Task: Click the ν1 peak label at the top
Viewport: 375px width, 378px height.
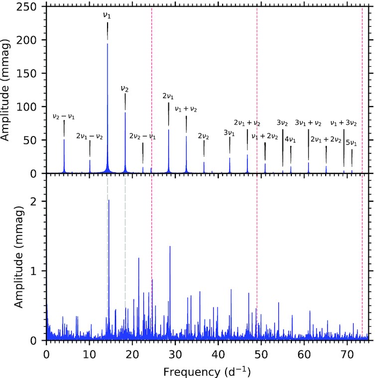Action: [107, 15]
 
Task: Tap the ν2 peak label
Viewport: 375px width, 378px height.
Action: [125, 88]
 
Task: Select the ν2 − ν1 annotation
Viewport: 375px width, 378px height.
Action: [64, 117]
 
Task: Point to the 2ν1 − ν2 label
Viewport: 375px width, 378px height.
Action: [90, 136]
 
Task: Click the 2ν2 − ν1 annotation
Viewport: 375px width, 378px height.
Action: [142, 136]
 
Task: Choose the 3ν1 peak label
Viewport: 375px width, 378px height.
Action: [230, 132]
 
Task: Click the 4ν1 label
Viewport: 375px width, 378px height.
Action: [290, 139]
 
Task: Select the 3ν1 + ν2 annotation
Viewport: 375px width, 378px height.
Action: [308, 123]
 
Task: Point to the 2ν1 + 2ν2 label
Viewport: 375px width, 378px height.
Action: [326, 139]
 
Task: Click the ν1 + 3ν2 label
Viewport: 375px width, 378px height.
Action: [344, 123]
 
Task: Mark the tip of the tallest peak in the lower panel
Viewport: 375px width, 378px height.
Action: [109, 200]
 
